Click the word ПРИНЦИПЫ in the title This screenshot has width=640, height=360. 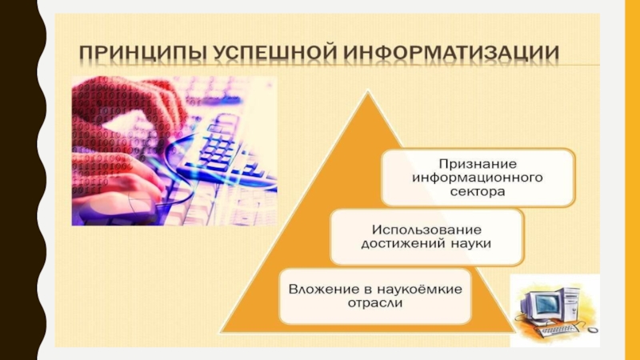coord(143,53)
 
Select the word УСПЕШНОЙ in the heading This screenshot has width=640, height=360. coord(275,53)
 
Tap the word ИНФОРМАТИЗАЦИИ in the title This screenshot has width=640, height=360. coord(451,53)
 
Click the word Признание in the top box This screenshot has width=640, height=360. coord(478,164)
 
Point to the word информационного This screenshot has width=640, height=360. coord(478,178)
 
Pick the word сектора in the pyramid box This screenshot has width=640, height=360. coord(478,191)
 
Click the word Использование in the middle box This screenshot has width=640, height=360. coord(426,230)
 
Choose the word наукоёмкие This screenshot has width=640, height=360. coord(419,290)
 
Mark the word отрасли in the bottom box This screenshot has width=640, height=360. coord(375,303)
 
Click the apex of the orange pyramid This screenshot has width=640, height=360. coord(368,92)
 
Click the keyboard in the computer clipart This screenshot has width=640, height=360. coord(558,330)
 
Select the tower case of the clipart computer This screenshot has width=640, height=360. coord(570,305)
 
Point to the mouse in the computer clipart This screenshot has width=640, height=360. coord(592,329)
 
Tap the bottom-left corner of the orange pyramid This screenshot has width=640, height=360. coord(221,331)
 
